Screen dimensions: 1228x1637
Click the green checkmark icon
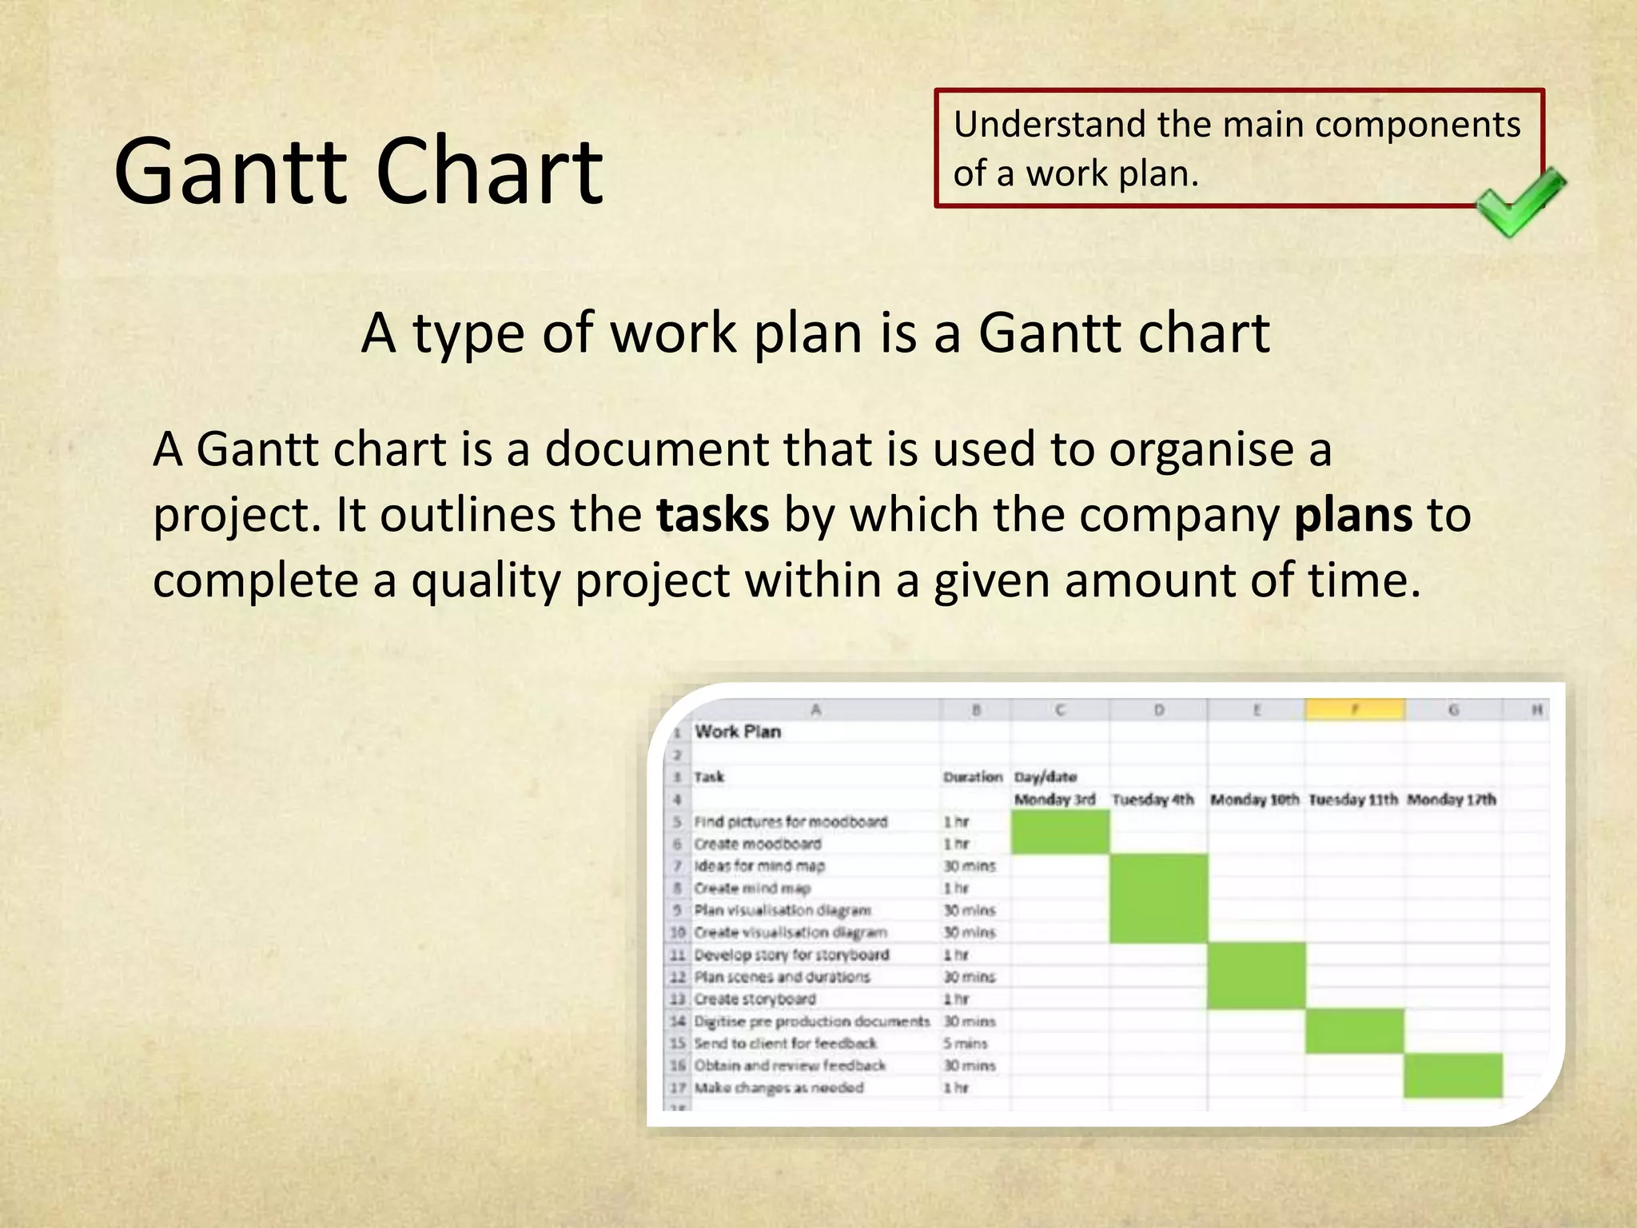click(1519, 201)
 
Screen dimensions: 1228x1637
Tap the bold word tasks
click(712, 515)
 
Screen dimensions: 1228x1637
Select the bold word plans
click(1352, 515)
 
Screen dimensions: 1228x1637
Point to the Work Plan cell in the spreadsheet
click(737, 732)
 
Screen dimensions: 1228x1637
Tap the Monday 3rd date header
click(1054, 799)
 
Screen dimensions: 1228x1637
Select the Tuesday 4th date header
click(1153, 799)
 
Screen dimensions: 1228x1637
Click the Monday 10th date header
click(1254, 799)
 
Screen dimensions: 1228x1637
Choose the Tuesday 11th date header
click(1353, 799)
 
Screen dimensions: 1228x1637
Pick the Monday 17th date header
click(1451, 799)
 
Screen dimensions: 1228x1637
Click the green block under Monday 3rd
click(1060, 831)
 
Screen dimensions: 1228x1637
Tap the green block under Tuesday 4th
click(1158, 898)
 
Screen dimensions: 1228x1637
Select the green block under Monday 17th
click(1452, 1075)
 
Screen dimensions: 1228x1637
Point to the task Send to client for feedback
click(785, 1043)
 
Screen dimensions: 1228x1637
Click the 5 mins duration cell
click(965, 1043)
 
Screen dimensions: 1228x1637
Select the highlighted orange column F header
click(1355, 709)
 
